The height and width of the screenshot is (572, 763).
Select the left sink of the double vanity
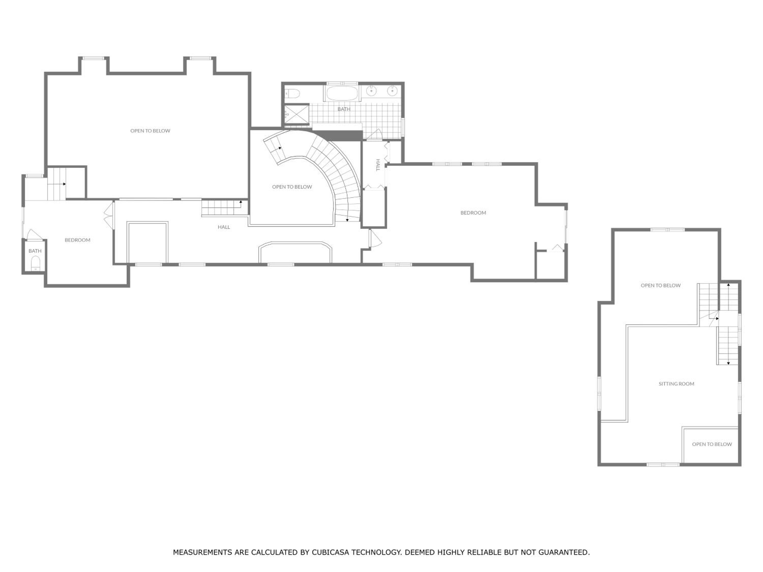click(x=371, y=91)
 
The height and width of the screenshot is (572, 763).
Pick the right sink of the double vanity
click(x=392, y=91)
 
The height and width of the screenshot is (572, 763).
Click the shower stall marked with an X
click(x=296, y=114)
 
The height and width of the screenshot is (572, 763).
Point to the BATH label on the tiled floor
click(x=344, y=109)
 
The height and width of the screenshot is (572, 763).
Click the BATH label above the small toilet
click(x=35, y=251)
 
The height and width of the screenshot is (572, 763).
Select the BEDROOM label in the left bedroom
click(x=78, y=240)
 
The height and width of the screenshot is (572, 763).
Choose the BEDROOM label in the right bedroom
click(x=473, y=213)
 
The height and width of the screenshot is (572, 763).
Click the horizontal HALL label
click(x=224, y=227)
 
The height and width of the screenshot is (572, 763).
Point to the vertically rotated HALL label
click(x=378, y=165)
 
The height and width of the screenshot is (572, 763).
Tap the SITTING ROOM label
click(x=677, y=384)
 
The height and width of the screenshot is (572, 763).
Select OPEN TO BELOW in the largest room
click(x=150, y=131)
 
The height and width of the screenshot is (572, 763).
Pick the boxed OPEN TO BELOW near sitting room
click(x=712, y=444)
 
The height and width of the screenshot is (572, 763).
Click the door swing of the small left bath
click(x=34, y=234)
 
